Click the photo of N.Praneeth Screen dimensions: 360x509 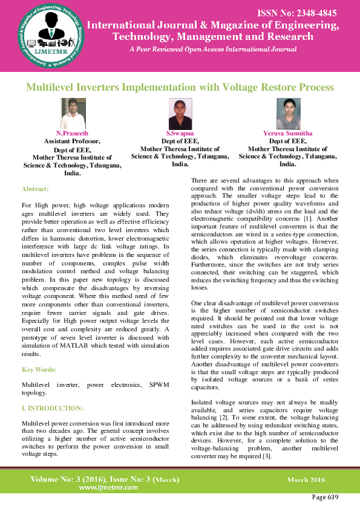pyautogui.click(x=73, y=114)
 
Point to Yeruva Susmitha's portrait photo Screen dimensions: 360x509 pyautogui.click(x=288, y=114)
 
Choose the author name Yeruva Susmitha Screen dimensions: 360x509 pyautogui.click(x=288, y=132)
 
